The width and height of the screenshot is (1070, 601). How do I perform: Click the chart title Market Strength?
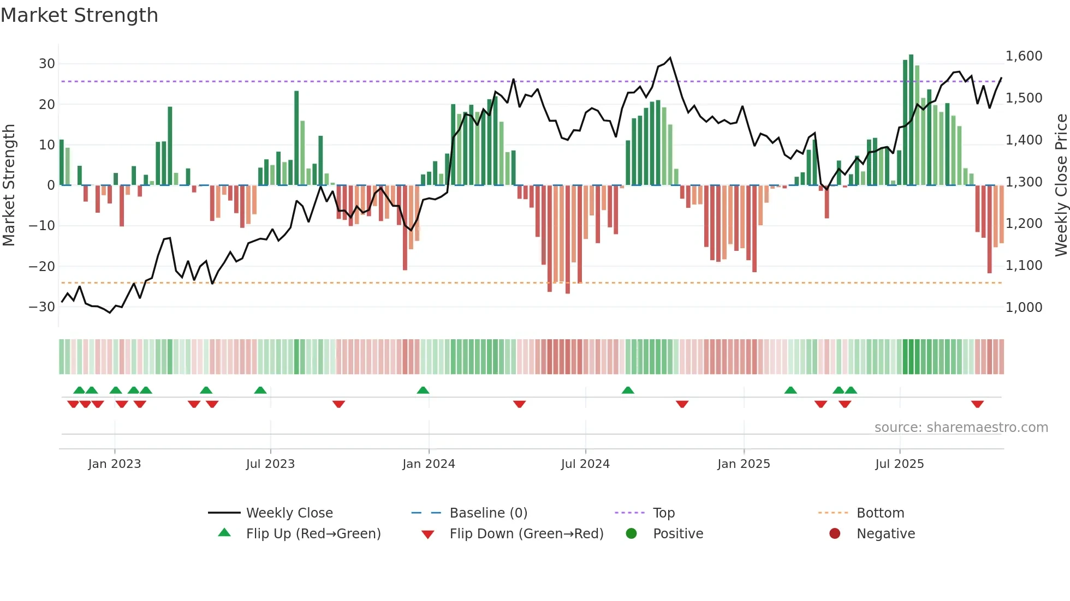coord(79,15)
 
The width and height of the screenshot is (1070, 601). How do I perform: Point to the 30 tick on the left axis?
coord(47,64)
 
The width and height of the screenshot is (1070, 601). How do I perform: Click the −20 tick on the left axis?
coord(42,267)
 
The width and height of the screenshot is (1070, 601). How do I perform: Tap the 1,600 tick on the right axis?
coord(1024,56)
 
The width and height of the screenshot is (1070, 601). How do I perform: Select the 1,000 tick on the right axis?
coord(1024,308)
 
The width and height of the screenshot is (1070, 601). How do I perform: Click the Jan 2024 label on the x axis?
coord(429,464)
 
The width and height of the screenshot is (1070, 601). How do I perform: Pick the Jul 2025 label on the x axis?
coord(899,464)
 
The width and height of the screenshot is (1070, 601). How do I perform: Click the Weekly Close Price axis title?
coord(1061,185)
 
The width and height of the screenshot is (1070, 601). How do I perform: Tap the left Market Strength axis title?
coord(9,185)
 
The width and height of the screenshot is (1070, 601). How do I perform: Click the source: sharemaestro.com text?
coord(961,428)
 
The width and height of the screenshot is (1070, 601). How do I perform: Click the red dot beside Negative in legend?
coord(835,534)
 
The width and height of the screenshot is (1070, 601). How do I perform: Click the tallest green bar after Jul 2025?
coord(911,120)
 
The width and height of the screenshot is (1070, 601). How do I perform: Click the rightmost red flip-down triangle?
coord(977,404)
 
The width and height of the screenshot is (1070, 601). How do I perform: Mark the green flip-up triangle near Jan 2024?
coord(423,390)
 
